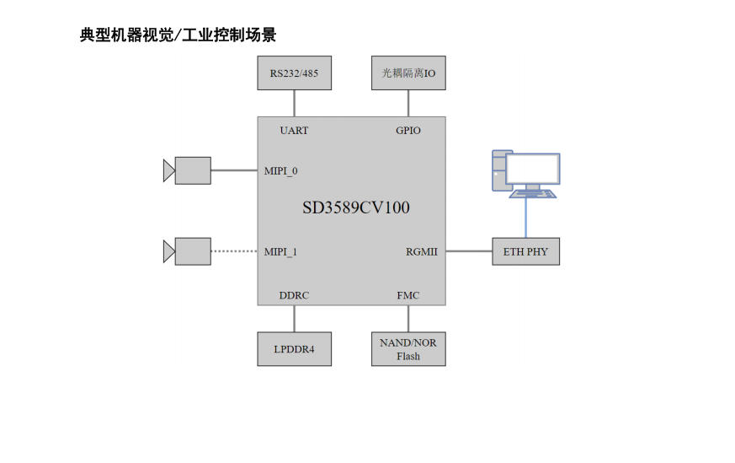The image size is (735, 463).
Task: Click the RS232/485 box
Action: [x=294, y=73]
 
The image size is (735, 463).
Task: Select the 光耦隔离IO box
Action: [x=408, y=73]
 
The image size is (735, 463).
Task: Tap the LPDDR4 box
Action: [x=294, y=349]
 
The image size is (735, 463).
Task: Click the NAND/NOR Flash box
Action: [x=408, y=349]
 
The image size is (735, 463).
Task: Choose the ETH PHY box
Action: [x=525, y=251]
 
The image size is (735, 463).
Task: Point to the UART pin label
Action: [x=294, y=131]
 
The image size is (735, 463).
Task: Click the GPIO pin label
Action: [x=408, y=131]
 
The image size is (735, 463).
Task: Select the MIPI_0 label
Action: [x=280, y=171]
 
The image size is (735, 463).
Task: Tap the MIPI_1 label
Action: [x=280, y=251]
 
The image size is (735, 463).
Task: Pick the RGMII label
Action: [x=422, y=251]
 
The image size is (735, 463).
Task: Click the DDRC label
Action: [x=294, y=295]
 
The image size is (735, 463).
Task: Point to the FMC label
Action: [x=408, y=295]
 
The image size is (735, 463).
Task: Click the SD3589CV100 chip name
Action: [x=356, y=207]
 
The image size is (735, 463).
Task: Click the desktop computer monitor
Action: [x=532, y=170]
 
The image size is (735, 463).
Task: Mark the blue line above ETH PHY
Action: [x=526, y=218]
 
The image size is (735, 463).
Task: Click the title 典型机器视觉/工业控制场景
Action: [x=178, y=35]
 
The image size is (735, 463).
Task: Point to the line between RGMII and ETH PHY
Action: [x=469, y=251]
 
